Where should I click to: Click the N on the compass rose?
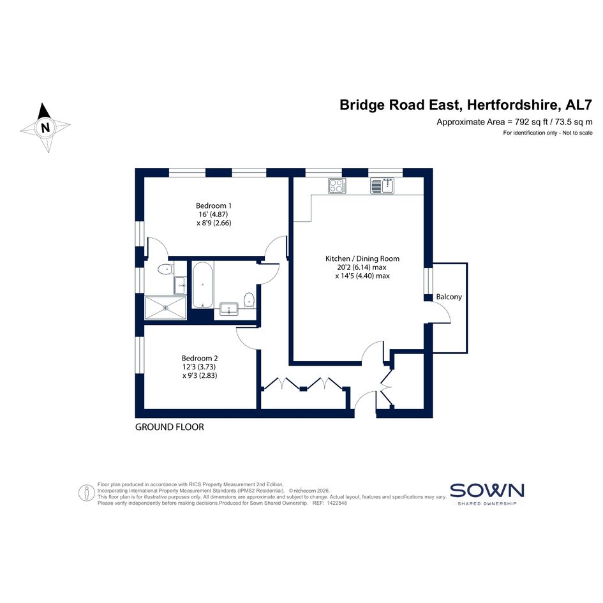point(45,127)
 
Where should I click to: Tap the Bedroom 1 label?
point(213,205)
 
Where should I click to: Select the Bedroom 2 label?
point(200,359)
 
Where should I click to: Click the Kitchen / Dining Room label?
point(362,259)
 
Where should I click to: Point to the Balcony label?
point(449,297)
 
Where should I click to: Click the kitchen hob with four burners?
point(337,186)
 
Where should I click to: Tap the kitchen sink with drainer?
point(382,186)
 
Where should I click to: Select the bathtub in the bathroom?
point(202,285)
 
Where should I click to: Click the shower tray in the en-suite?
point(166,308)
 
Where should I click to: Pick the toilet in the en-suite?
point(165,269)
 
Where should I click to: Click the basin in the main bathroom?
point(229,309)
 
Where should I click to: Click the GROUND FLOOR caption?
point(170,427)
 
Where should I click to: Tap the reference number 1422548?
point(337,503)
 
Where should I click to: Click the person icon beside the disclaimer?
point(87,493)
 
